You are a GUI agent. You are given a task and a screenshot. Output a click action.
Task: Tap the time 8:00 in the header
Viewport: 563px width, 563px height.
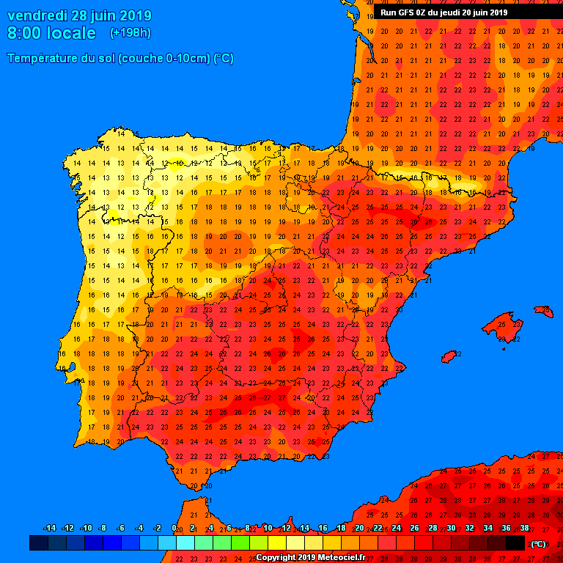[x=24, y=33]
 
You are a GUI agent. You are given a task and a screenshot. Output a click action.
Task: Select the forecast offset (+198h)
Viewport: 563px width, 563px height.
[x=130, y=33]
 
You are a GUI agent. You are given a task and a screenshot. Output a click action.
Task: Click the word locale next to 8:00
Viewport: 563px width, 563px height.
[x=71, y=33]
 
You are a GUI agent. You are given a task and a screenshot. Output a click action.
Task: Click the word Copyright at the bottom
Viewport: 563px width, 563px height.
[x=277, y=558]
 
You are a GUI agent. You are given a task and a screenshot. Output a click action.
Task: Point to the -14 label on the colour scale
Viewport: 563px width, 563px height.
[x=49, y=528]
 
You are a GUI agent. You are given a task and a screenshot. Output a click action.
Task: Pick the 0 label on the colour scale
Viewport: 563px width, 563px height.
[x=174, y=528]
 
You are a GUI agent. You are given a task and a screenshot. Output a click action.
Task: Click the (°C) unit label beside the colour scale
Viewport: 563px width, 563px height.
[x=537, y=543]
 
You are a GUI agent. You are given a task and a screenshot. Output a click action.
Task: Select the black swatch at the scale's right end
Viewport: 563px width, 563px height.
[x=515, y=543]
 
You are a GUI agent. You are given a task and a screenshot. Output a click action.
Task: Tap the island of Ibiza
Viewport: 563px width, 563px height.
[x=449, y=356]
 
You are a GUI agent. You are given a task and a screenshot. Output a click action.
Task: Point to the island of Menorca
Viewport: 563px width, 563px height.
[x=543, y=312]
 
